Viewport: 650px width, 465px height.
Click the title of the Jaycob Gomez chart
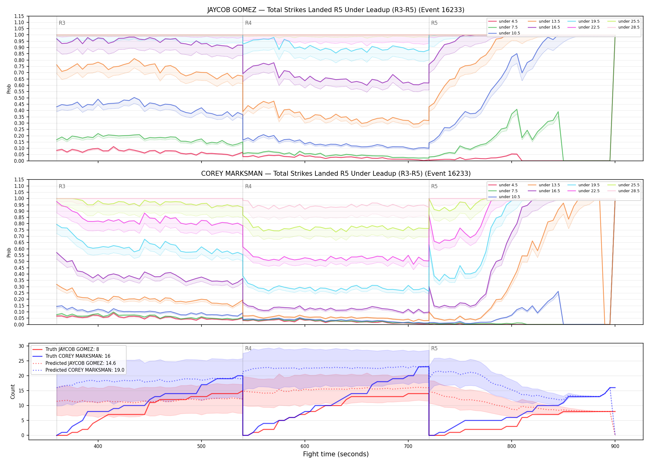[x=336, y=10]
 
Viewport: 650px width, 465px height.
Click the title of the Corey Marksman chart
[x=336, y=174]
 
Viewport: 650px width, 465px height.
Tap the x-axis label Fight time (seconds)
[x=336, y=454]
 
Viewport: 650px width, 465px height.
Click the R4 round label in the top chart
[x=248, y=23]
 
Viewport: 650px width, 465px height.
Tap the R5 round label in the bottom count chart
[x=434, y=348]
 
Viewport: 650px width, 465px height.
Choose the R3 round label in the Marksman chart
[x=62, y=186]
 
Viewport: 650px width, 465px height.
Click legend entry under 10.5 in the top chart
[x=505, y=33]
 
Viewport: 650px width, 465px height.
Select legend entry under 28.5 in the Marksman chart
[x=624, y=191]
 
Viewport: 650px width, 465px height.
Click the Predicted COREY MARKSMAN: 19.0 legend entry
[x=79, y=370]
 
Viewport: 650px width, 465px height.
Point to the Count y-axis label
[x=13, y=392]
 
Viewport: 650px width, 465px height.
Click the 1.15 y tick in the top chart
[x=19, y=16]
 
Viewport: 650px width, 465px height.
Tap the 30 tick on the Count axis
[x=21, y=346]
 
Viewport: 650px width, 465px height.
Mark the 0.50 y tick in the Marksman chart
[x=19, y=261]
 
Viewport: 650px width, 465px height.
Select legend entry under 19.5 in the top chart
[x=584, y=21]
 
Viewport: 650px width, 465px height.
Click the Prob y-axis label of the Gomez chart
[x=9, y=89]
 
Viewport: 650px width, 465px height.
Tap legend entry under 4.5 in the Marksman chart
[x=503, y=185]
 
